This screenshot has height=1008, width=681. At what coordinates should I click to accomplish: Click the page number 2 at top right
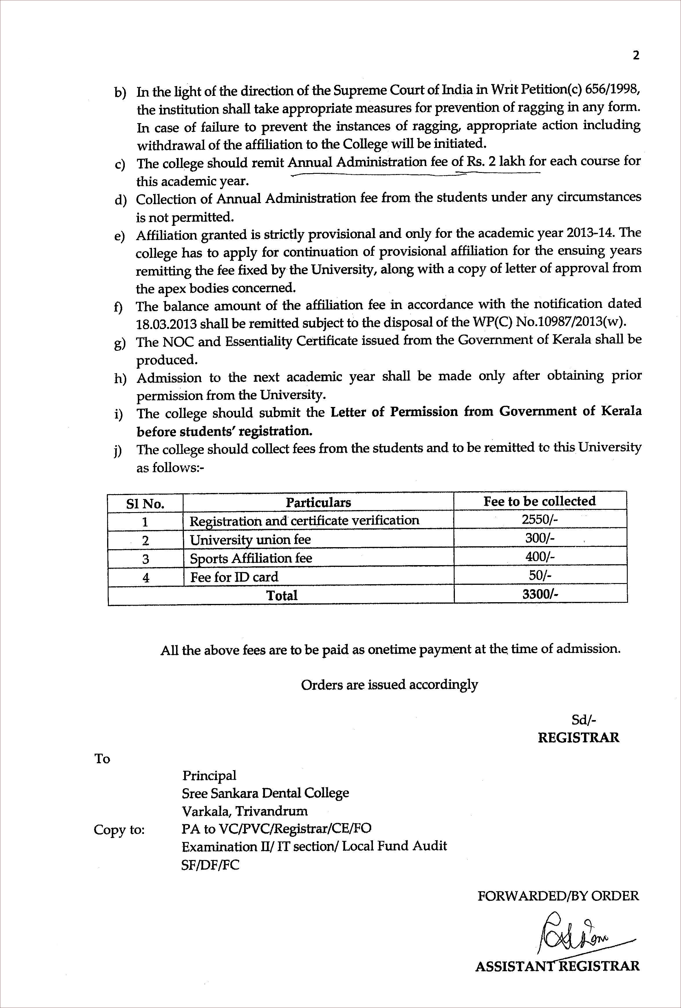pos(636,56)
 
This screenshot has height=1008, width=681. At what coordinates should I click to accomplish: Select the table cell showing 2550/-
pos(540,520)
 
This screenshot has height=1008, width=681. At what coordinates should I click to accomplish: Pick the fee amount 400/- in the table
pos(540,557)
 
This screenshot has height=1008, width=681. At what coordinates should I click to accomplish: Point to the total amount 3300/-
pos(540,594)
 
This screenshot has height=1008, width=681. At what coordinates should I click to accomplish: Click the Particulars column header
pos(318,502)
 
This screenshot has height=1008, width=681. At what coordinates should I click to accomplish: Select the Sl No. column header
pos(145,504)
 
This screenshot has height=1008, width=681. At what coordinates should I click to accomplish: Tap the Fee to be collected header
pos(540,501)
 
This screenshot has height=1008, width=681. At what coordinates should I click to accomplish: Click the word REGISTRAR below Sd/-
pos(578,737)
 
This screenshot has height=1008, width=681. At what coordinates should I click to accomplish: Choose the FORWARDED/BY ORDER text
pos(558,896)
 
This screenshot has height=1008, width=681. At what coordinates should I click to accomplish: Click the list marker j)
pos(118,451)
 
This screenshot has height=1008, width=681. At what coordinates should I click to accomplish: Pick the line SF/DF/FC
pos(210,865)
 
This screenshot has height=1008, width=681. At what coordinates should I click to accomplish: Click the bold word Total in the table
pos(282,595)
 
